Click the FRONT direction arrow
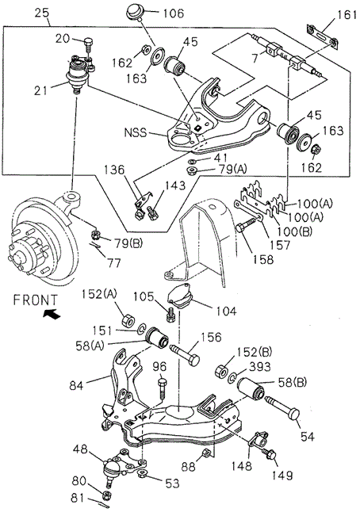coord(52,314)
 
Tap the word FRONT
coord(35,300)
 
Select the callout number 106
coord(173,13)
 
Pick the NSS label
coord(136,133)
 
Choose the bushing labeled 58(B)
coord(251,388)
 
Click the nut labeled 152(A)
coord(127,320)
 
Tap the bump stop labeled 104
coord(181,296)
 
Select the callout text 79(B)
coord(128,244)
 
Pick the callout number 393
coord(259,367)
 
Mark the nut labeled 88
coord(206,453)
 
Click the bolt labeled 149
coord(270,454)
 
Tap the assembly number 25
coord(42,13)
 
